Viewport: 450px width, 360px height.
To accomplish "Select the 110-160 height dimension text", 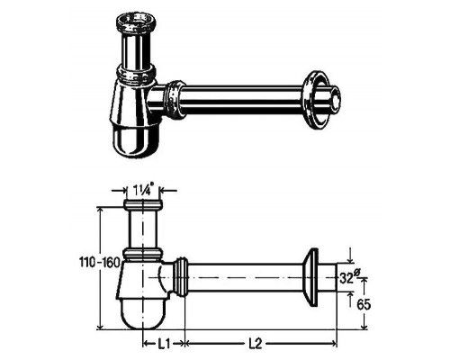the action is pyautogui.click(x=99, y=263).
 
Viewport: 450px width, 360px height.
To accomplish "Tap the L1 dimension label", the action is pyautogui.click(x=164, y=344).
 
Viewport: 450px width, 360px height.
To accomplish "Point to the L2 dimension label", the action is pyautogui.click(x=256, y=344).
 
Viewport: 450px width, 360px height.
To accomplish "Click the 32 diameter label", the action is pyautogui.click(x=349, y=278).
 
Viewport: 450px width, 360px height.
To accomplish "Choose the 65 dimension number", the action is pyautogui.click(x=364, y=305).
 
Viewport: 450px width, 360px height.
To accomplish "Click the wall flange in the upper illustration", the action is pyautogui.click(x=314, y=100).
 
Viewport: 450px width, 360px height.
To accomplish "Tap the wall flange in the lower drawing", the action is pyautogui.click(x=310, y=277).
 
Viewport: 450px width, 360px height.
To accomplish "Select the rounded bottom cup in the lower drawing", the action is pyautogui.click(x=143, y=313).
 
